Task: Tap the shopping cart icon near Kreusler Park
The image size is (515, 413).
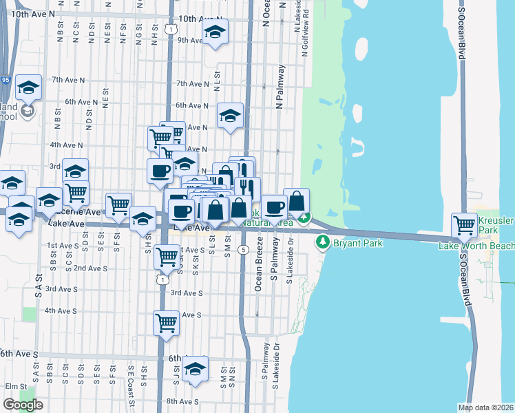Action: point(465,224)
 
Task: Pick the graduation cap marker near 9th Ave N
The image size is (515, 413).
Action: point(216,32)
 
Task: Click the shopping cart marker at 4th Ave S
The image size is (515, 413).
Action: point(166,322)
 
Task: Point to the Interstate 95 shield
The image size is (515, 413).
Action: point(6,80)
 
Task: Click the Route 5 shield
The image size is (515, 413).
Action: point(244,249)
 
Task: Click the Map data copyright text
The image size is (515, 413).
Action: point(486,407)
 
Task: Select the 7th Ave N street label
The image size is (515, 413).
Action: point(193,83)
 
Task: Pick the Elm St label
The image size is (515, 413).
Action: point(15,386)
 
